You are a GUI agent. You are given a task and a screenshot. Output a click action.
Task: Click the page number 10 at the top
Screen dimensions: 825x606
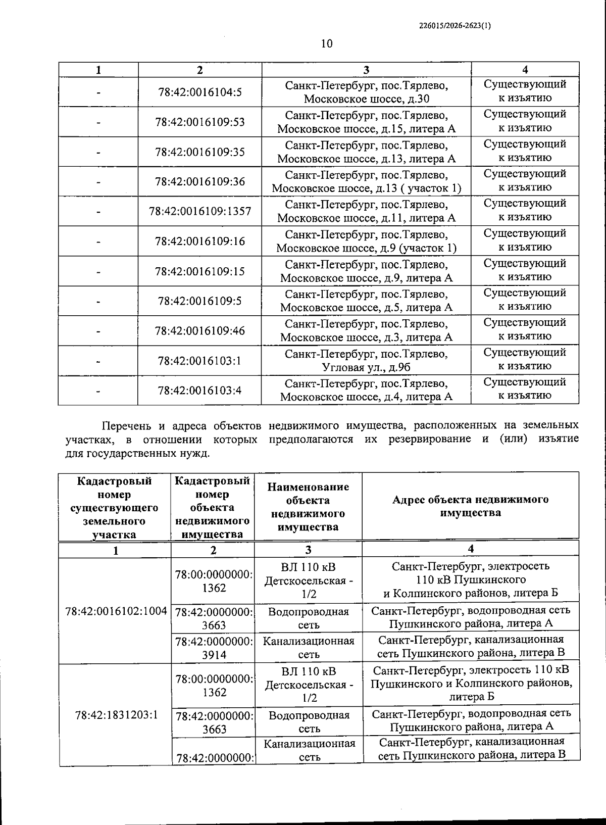coord(327,43)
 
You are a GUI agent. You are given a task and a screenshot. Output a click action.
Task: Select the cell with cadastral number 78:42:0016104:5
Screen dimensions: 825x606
coord(200,92)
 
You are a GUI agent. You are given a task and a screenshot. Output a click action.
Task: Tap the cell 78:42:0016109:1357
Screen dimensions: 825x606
coord(200,211)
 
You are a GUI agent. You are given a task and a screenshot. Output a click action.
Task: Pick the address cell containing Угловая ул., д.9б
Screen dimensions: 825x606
coord(366,361)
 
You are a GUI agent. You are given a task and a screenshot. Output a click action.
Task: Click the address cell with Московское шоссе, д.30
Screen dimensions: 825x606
coord(366,92)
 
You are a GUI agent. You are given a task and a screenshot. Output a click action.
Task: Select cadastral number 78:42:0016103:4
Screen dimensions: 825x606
coord(200,390)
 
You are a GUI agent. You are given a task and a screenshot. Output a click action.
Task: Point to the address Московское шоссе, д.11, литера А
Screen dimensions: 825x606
coord(366,211)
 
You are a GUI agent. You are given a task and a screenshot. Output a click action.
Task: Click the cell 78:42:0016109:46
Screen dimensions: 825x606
coord(200,331)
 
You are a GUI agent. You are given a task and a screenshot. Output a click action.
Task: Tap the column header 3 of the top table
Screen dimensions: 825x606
coord(366,70)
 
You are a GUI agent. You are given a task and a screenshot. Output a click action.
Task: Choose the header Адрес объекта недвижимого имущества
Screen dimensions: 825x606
coord(470,506)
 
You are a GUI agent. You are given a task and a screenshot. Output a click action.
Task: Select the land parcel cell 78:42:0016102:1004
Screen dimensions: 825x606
coord(116,611)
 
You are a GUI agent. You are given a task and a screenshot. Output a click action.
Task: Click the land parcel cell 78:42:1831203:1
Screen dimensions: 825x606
coord(116,715)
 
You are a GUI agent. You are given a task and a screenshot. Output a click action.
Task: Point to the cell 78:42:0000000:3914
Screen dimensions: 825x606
coord(214,648)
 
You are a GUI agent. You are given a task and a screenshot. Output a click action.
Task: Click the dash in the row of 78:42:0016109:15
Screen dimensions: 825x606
coord(98,272)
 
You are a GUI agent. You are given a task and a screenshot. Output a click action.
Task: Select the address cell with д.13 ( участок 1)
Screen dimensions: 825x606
coord(366,182)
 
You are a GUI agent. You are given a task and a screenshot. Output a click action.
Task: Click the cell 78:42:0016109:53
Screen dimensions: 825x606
coord(200,122)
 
